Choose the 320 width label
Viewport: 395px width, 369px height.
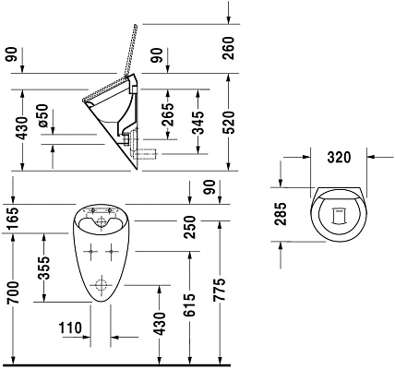(x=339, y=157)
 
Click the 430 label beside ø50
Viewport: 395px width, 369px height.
(x=12, y=129)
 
